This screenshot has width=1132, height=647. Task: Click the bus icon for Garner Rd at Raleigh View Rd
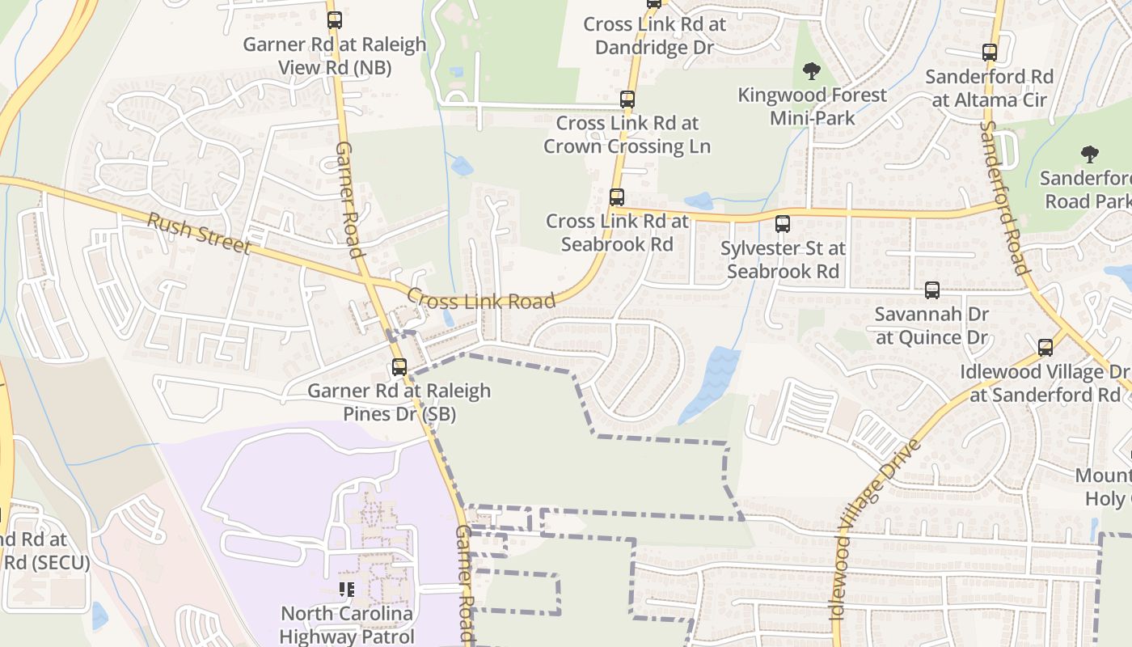point(334,20)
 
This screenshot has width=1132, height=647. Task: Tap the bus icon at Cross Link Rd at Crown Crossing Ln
point(627,99)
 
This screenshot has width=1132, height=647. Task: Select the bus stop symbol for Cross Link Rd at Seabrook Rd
point(617,197)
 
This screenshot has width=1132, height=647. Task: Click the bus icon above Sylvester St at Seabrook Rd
point(783,224)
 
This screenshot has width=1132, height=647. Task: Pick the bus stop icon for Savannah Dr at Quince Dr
point(932,290)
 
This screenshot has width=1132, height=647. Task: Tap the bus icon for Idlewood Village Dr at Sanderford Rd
point(1045,348)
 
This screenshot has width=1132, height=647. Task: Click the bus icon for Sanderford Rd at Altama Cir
point(990,53)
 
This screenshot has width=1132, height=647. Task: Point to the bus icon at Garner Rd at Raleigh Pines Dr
point(399,366)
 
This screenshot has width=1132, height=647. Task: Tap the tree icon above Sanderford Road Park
point(1090,154)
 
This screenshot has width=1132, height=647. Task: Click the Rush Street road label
point(199,232)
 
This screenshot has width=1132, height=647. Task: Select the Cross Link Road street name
point(480,300)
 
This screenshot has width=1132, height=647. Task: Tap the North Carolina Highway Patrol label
point(346,624)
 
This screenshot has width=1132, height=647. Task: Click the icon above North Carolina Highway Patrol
point(347,590)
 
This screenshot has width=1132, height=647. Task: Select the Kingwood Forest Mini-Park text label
point(812,106)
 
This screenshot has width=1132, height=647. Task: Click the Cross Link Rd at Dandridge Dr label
point(655,36)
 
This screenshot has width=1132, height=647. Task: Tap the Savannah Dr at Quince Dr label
point(931,325)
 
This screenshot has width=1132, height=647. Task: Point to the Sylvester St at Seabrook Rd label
point(783,260)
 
